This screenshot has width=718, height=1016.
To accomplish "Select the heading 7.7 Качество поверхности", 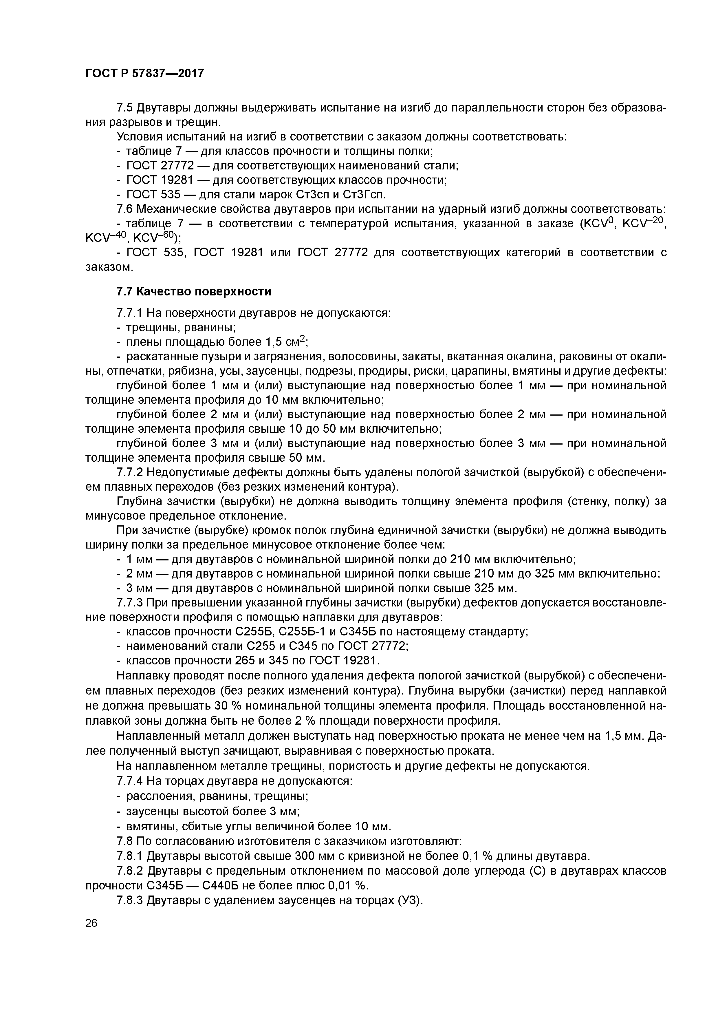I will click(193, 292).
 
